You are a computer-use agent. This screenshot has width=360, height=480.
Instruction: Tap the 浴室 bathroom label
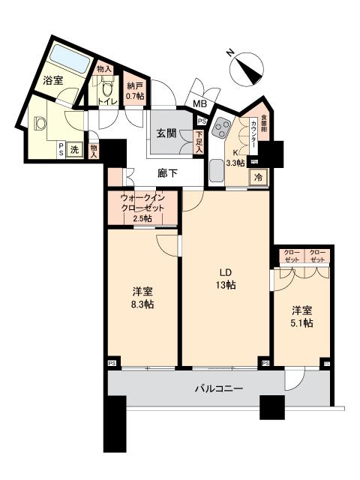(x=52, y=80)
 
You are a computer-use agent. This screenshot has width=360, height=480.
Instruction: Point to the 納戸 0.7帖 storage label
(x=135, y=90)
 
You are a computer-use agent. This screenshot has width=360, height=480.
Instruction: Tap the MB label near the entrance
(x=200, y=104)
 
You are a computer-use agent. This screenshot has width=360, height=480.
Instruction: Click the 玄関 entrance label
(x=166, y=133)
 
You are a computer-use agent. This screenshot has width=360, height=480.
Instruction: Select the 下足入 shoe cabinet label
(x=198, y=142)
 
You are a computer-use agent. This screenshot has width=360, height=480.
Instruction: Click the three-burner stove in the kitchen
(x=222, y=130)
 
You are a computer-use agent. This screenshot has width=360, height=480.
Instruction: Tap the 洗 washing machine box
(x=73, y=149)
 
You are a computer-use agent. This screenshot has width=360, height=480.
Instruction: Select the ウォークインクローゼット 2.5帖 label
(x=142, y=208)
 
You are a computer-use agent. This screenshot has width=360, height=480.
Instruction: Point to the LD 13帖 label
(x=225, y=278)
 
